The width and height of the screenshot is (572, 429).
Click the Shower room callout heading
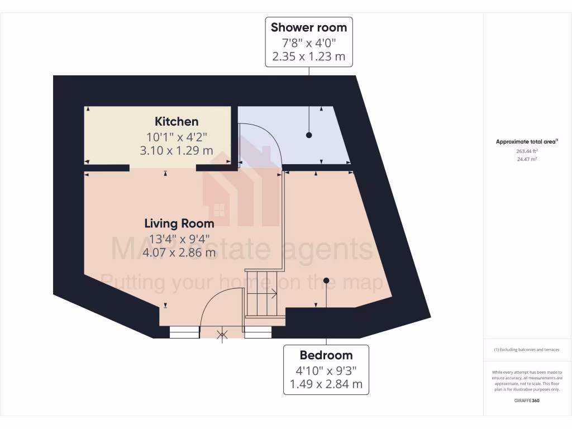[x=309, y=27]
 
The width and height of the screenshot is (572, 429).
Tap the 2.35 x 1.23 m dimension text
[x=309, y=56]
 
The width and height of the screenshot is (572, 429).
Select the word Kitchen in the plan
[x=177, y=121]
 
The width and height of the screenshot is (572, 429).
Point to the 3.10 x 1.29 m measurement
[x=177, y=150]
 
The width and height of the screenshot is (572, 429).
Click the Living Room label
[x=179, y=223]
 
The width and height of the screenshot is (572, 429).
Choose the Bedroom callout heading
[x=326, y=355]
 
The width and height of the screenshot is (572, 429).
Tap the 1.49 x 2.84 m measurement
[x=326, y=384]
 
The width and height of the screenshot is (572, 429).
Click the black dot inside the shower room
[x=309, y=135]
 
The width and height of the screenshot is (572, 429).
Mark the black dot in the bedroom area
[x=326, y=280]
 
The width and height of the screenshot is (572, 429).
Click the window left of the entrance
[x=184, y=332]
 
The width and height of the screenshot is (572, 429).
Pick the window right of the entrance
[x=258, y=332]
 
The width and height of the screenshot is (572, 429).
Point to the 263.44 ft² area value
[x=527, y=151]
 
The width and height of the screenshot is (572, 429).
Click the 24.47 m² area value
[x=527, y=159]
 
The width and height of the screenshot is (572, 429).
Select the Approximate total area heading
[x=527, y=141]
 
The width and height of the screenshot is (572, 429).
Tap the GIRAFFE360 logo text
[x=527, y=401]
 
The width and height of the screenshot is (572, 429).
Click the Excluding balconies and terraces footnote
[x=527, y=350]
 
